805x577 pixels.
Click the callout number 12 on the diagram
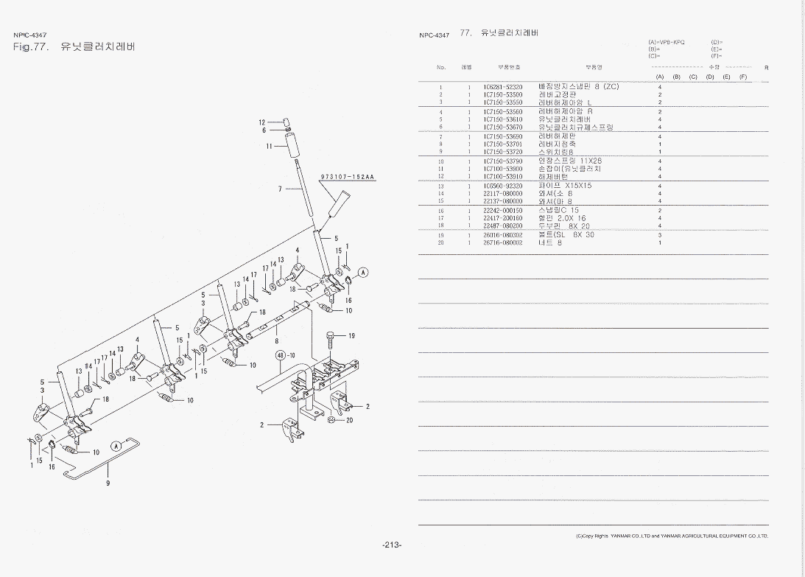261,122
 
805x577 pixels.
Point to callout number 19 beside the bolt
352,336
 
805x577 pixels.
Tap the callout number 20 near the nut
350,420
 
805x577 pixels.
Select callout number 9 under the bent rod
108,483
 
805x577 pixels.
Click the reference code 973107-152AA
348,177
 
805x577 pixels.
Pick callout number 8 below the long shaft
277,340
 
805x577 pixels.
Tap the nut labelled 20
332,420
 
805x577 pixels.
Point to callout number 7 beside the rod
281,189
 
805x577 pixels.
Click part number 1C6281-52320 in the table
503,87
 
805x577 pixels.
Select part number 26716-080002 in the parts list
503,242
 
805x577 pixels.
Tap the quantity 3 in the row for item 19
659,234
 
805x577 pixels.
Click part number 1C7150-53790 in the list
503,161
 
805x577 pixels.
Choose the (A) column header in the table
660,77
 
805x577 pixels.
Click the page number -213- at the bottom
392,545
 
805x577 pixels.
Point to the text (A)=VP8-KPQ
667,42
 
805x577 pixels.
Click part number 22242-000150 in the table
503,211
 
